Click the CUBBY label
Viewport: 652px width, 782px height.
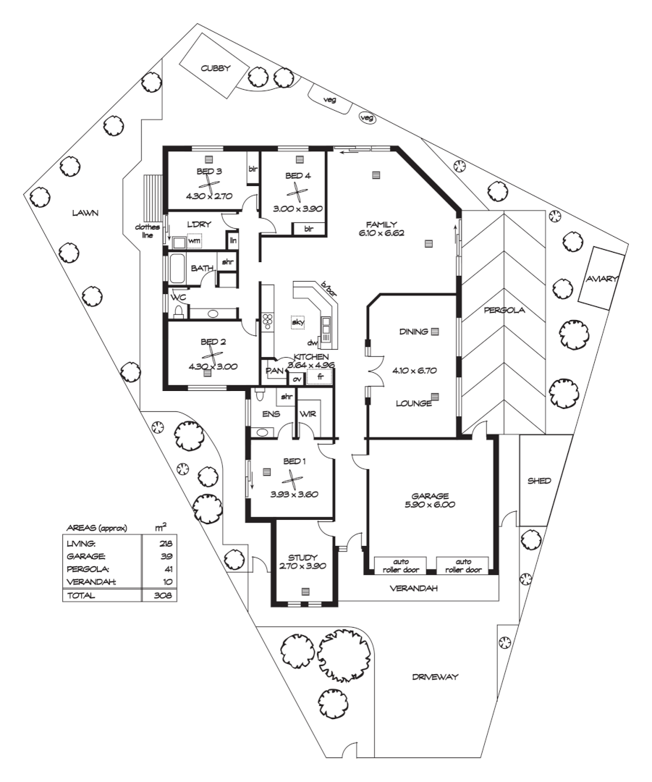[x=216, y=68]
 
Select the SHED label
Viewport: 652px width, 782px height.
[x=538, y=480]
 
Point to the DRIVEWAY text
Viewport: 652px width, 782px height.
[x=436, y=678]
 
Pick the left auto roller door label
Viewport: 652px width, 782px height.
[x=400, y=564]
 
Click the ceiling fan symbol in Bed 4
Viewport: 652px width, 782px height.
[x=297, y=191]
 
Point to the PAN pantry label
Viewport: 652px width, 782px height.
[x=274, y=371]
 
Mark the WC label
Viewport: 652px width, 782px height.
[x=178, y=297]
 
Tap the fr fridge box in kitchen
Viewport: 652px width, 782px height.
[x=319, y=377]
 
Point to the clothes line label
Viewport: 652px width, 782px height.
[x=145, y=231]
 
